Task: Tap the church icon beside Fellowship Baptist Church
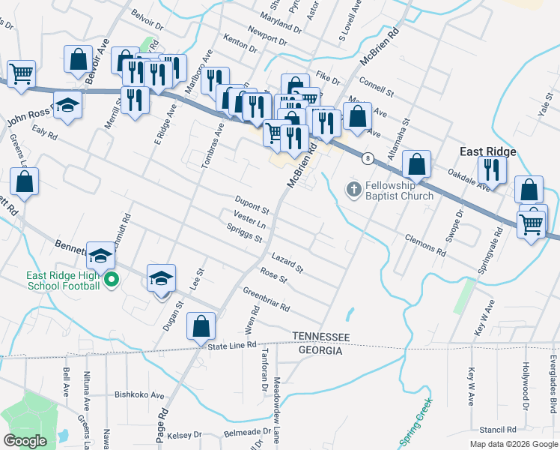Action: click(353, 190)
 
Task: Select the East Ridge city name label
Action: click(487, 151)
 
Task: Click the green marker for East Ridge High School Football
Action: click(112, 281)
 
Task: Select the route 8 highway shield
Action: click(368, 158)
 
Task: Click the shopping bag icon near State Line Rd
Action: click(201, 326)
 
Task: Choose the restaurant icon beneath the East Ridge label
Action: click(492, 168)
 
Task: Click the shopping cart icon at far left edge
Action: click(22, 73)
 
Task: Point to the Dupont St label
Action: click(252, 202)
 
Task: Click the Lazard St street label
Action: click(287, 262)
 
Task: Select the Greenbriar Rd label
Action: click(265, 300)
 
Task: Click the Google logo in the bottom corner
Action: click(25, 440)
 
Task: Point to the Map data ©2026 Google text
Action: click(513, 444)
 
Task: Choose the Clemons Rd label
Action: click(424, 244)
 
